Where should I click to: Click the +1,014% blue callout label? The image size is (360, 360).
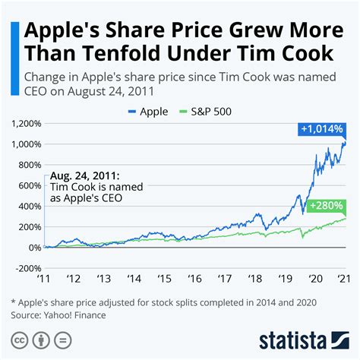coord(324,131)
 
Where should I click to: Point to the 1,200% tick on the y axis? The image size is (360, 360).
coord(26,123)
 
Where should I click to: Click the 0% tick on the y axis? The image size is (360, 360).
coord(36,248)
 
